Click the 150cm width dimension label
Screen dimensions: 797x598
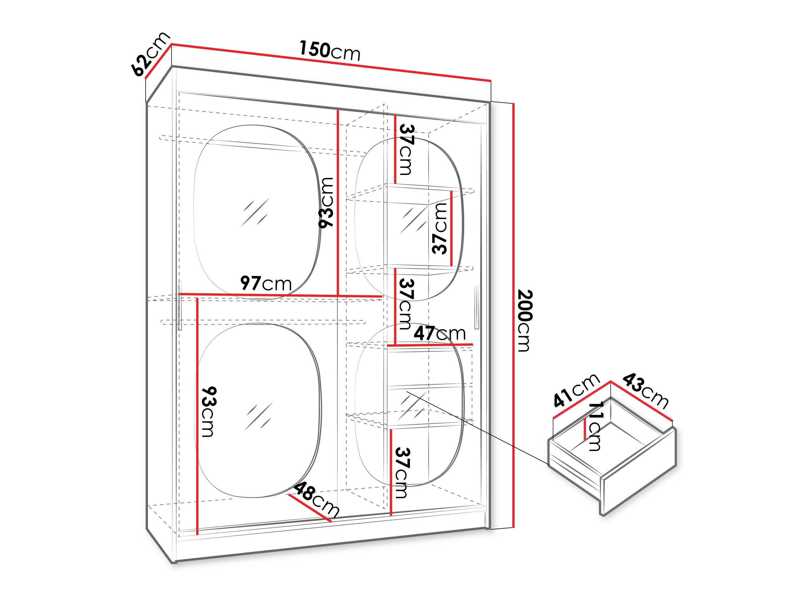pos(330,51)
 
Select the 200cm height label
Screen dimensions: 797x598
pos(525,321)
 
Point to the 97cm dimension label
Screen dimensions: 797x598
pos(266,283)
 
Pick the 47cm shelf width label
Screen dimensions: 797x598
pos(440,334)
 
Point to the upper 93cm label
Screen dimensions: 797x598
pos(326,202)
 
